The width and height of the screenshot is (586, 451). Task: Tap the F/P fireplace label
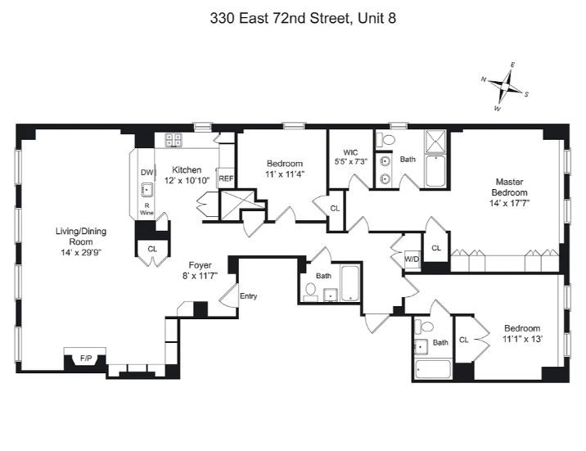pyautogui.click(x=85, y=358)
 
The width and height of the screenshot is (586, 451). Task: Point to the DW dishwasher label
pyautogui.click(x=146, y=173)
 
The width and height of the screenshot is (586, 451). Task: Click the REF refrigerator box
pyautogui.click(x=226, y=178)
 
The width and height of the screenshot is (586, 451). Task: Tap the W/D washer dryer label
pyautogui.click(x=411, y=261)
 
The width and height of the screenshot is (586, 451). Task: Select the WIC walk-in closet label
pyautogui.click(x=351, y=152)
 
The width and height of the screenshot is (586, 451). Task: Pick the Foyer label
pyautogui.click(x=201, y=264)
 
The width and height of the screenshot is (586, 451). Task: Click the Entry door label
pyautogui.click(x=248, y=295)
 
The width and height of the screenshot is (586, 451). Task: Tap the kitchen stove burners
pyautogui.click(x=173, y=140)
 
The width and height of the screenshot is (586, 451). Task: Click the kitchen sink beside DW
pyautogui.click(x=146, y=191)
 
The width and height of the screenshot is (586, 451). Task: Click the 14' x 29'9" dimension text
pyautogui.click(x=80, y=253)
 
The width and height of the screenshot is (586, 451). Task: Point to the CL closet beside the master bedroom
pyautogui.click(x=436, y=247)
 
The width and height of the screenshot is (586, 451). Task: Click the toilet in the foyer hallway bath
pyautogui.click(x=311, y=290)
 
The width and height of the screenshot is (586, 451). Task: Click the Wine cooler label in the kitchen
pyautogui.click(x=146, y=212)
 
